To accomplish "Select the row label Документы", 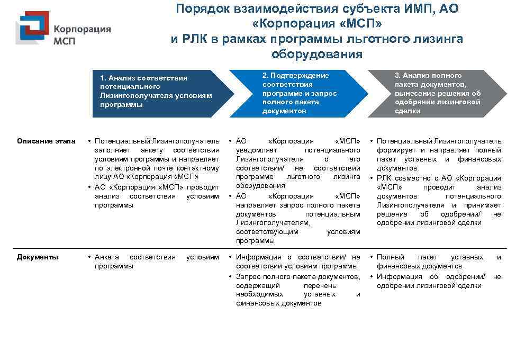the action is point(38,257).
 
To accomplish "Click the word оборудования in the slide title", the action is point(316,55).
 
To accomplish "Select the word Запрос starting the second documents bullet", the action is point(248,277).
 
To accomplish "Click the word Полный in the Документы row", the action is point(387,257).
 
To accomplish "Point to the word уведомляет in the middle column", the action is point(254,150).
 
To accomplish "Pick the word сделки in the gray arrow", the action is point(408,111).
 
